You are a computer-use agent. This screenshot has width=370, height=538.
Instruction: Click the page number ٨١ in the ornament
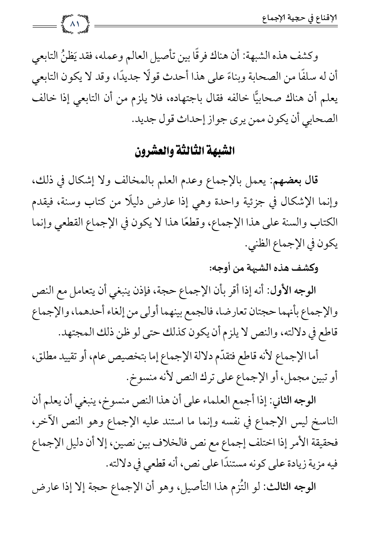tap(76, 24)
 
